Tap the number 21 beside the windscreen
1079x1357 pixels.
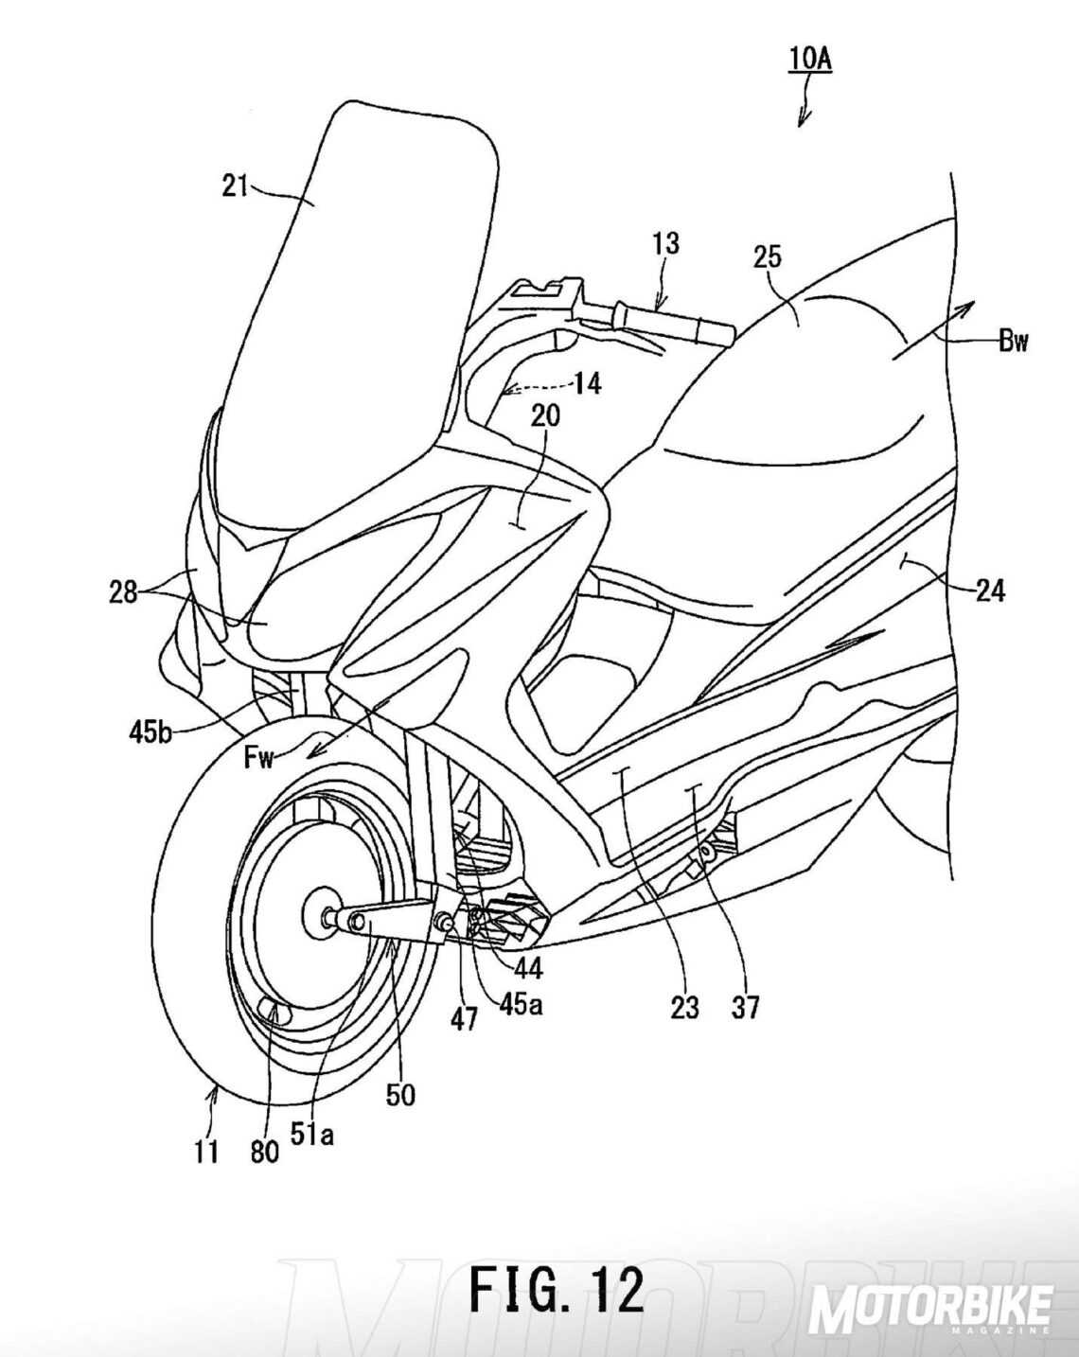pyautogui.click(x=235, y=185)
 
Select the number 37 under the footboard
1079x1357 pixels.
pyautogui.click(x=745, y=1008)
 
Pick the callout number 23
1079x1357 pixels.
pyautogui.click(x=684, y=1008)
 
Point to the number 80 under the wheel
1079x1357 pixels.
pyautogui.click(x=266, y=1151)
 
